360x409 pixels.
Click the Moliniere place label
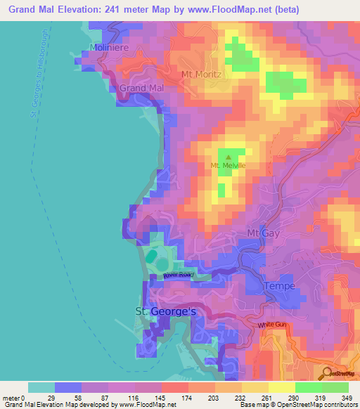click(x=107, y=48)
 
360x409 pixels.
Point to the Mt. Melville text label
click(x=228, y=166)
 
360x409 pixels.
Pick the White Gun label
click(x=271, y=325)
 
